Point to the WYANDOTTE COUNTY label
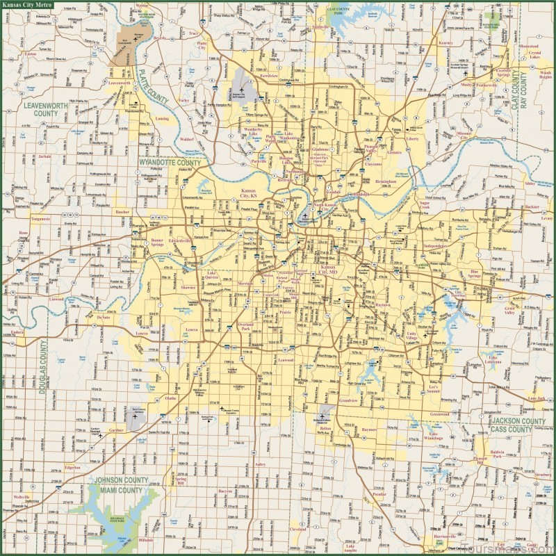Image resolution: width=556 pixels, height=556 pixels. click(x=170, y=163)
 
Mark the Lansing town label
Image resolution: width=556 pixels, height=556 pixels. click(x=161, y=118)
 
